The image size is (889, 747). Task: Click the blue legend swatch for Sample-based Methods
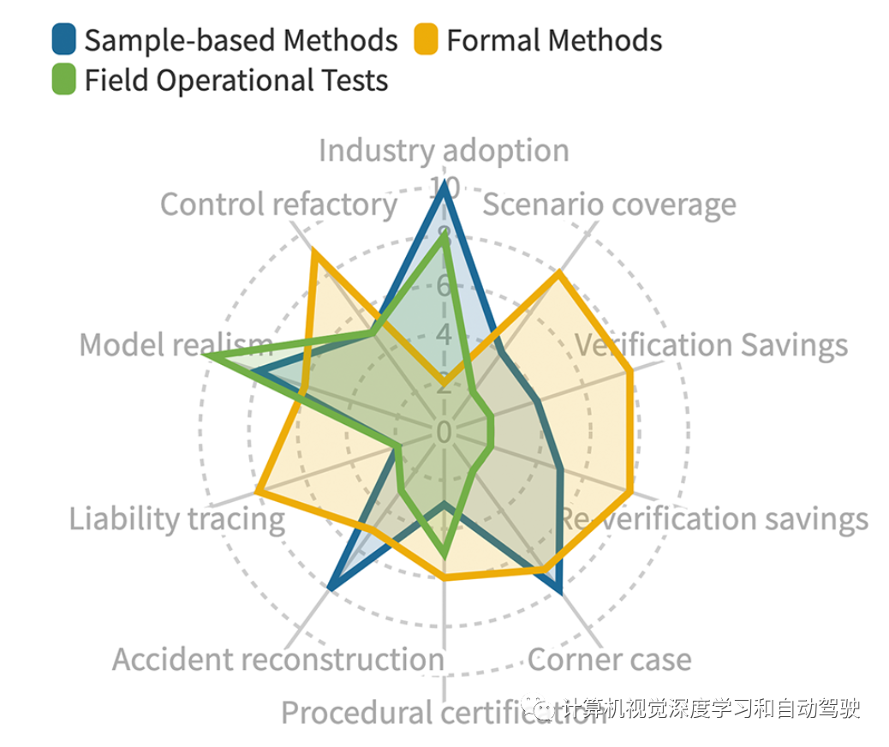pos(64,39)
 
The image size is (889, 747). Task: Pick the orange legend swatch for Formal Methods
pos(426,39)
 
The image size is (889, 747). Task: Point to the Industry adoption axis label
pos(444,150)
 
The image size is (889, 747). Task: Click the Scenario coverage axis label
pos(610,205)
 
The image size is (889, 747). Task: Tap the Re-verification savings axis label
pos(713,519)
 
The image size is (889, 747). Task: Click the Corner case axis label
pos(609,660)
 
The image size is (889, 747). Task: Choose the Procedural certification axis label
pos(444,712)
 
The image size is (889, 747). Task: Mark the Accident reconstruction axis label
pos(278,660)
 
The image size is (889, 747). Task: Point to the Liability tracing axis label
pos(176,519)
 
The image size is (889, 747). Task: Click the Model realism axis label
pos(176,345)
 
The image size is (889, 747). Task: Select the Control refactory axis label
pos(278,205)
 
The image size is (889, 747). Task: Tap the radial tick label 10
pos(444,187)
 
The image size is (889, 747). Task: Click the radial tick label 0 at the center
pos(444,433)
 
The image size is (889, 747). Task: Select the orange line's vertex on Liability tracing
pos(258,492)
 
